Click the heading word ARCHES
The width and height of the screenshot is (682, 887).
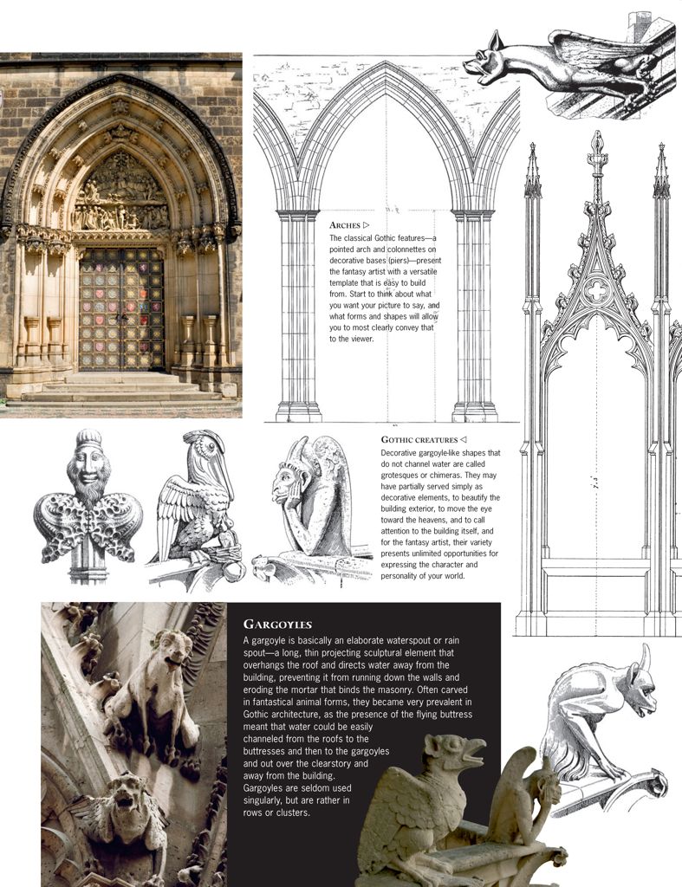tap(345, 225)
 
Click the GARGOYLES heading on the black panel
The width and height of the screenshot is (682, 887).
tap(277, 624)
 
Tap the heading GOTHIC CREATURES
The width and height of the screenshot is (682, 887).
tap(419, 440)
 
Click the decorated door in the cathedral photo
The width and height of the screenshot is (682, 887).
tap(121, 308)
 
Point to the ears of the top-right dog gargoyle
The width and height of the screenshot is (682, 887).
tap(496, 42)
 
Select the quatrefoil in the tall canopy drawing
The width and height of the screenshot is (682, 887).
tap(596, 290)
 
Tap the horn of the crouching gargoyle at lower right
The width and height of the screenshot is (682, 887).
tap(645, 658)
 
